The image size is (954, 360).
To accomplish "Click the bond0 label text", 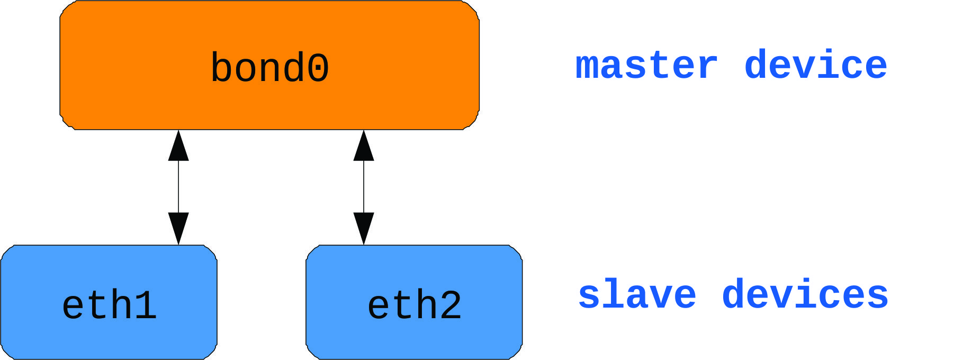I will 269,68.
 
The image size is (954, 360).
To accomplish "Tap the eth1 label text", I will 109,305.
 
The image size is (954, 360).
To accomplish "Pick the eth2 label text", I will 415,305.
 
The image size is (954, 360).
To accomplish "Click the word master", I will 646,66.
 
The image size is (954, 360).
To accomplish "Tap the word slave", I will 637,294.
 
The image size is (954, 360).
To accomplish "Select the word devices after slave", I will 805,294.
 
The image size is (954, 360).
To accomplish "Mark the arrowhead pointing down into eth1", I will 178,228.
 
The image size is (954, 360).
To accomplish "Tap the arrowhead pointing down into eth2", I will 364,228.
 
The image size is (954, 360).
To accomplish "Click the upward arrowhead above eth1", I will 178,146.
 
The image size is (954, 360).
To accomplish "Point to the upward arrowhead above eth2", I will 364,146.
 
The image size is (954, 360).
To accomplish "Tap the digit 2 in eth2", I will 451,305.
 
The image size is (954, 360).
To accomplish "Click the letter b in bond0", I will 222,68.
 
